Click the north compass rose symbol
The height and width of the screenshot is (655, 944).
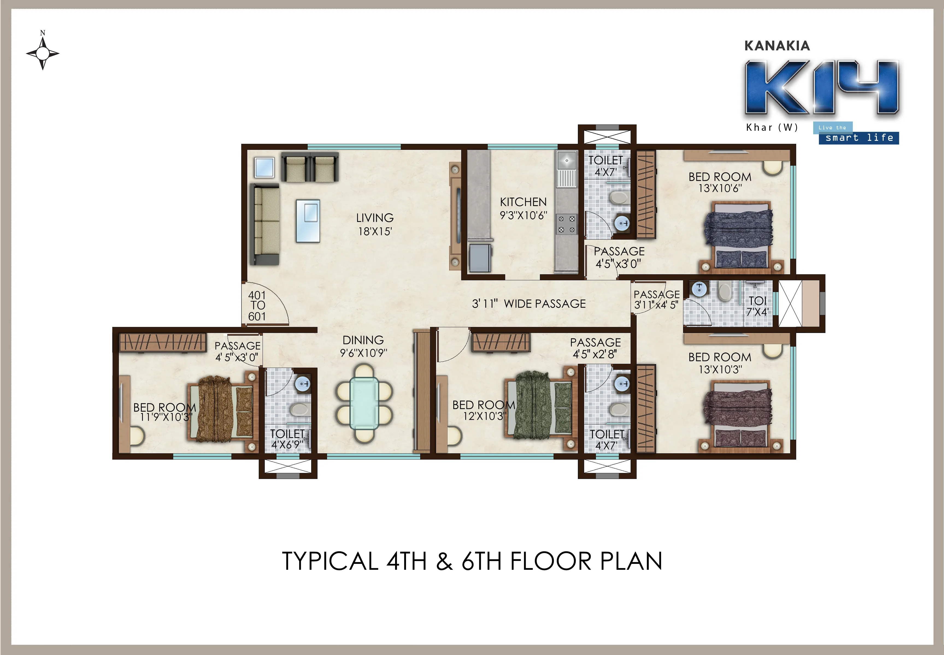[x=43, y=53]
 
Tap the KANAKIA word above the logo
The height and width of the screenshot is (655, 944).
[x=777, y=46]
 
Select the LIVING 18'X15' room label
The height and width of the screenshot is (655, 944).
[x=375, y=224]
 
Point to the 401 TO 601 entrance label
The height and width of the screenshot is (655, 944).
[x=257, y=306]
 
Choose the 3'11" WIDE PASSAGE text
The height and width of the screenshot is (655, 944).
[x=529, y=304]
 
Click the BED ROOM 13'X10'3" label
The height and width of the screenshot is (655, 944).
[x=720, y=363]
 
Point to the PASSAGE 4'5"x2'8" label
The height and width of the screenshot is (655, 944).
[x=595, y=348]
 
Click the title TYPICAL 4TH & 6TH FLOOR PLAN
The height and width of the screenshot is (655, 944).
[x=472, y=561]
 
